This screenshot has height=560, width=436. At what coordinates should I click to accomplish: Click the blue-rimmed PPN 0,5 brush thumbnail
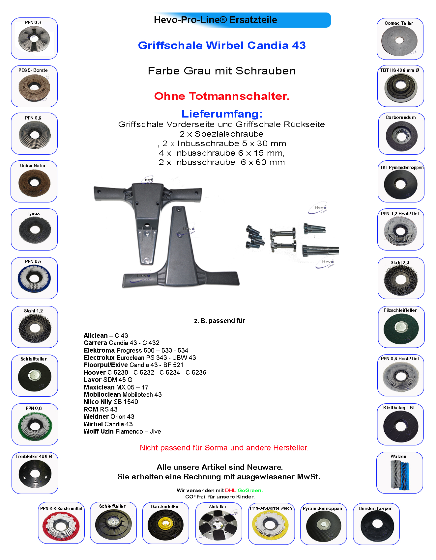[34, 279]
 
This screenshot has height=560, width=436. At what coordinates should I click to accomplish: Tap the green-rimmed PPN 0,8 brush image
[35, 425]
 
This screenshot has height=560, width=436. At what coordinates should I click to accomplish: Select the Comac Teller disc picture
[399, 41]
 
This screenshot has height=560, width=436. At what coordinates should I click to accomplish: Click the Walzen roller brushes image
[399, 474]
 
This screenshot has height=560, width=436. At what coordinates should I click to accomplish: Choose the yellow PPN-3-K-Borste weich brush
[270, 524]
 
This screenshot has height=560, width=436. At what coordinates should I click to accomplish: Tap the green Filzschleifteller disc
[401, 328]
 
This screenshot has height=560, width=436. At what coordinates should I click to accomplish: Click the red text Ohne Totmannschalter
[222, 96]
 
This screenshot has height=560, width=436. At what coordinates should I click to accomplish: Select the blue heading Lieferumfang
[222, 114]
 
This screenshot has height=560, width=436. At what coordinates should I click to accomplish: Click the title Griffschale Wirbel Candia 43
[222, 45]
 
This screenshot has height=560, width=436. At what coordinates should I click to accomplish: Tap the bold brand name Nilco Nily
[98, 402]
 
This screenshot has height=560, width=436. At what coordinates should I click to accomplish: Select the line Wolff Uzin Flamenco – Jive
[122, 431]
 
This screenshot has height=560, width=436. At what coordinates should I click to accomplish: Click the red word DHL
[230, 491]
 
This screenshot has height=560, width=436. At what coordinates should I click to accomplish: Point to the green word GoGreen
[250, 491]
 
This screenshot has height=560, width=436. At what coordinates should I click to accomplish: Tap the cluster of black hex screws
[254, 237]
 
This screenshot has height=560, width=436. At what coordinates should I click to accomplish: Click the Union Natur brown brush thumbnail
[34, 182]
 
